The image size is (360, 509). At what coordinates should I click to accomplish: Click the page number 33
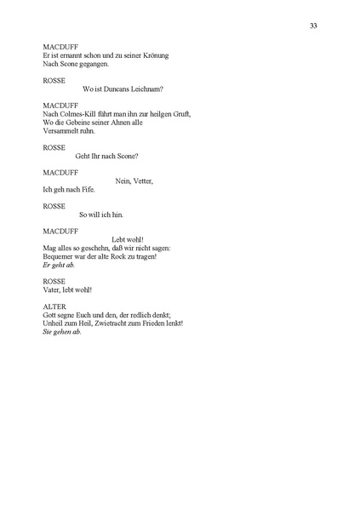[x=314, y=26]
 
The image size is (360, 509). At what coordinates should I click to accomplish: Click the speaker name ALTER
[x=54, y=306]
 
